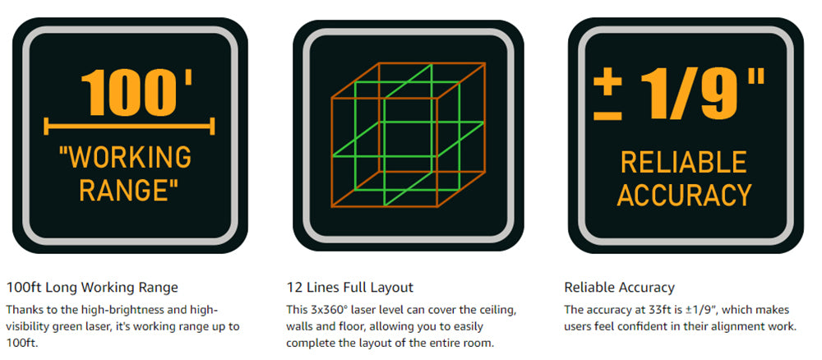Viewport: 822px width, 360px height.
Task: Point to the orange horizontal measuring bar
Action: pyautogui.click(x=130, y=127)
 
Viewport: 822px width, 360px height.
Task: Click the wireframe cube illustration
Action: pyautogui.click(x=409, y=135)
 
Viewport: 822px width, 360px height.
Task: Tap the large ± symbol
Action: pyautogui.click(x=607, y=96)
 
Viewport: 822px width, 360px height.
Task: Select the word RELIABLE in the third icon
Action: pyautogui.click(x=684, y=162)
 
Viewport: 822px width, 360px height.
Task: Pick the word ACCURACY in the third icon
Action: pyautogui.click(x=684, y=195)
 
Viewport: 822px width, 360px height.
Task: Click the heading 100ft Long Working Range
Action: pyautogui.click(x=92, y=288)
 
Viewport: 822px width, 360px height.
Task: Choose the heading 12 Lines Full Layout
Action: pyautogui.click(x=349, y=288)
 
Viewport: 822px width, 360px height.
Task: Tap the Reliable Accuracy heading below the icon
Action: pyautogui.click(x=619, y=288)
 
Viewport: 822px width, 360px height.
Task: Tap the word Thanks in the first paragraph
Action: pyautogui.click(x=22, y=310)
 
